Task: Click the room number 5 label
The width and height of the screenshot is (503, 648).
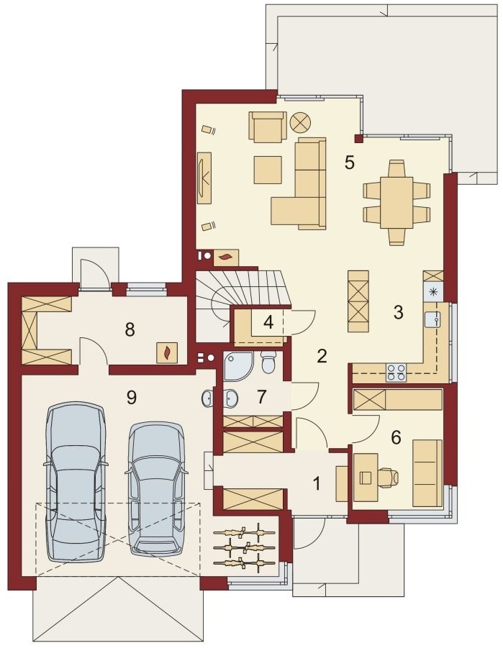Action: (350, 163)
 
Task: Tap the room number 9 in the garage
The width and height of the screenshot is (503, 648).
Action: (132, 398)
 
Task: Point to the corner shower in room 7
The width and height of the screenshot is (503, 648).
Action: (237, 366)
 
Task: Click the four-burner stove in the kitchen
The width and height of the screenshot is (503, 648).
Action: (396, 373)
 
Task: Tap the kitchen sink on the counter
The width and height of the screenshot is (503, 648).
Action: (432, 319)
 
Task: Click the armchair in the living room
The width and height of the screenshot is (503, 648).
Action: (267, 127)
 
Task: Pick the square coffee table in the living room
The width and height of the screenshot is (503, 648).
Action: (268, 170)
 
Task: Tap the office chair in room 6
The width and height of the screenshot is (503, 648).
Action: (388, 478)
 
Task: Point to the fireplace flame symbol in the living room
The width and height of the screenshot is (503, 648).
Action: (225, 257)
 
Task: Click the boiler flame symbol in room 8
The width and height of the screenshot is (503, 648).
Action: (167, 352)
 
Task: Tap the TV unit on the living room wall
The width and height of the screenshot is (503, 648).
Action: (204, 178)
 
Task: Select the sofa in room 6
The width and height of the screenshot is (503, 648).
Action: (427, 473)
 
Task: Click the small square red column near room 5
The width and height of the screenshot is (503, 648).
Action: (359, 138)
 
